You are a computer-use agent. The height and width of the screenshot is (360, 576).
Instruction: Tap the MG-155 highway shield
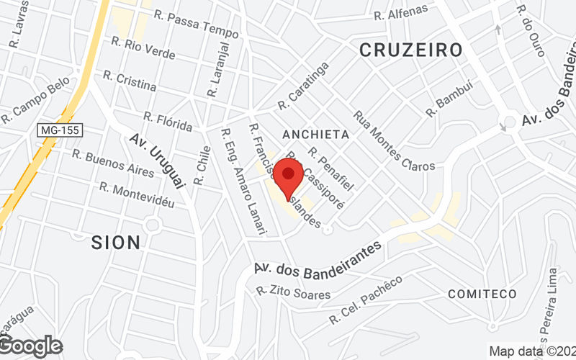(61, 130)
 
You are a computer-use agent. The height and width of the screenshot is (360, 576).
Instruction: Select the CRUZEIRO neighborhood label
(410, 50)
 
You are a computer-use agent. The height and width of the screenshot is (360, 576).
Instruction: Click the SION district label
(116, 243)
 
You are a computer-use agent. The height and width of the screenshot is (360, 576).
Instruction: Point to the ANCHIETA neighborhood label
(316, 135)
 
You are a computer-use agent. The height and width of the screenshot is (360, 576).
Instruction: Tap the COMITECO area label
(482, 294)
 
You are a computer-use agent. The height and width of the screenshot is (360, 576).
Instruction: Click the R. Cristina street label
(130, 80)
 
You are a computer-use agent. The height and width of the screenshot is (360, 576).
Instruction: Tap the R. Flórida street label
(168, 122)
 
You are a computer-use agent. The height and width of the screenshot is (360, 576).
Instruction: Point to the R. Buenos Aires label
(112, 163)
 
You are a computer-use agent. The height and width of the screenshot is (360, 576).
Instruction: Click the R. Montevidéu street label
(137, 195)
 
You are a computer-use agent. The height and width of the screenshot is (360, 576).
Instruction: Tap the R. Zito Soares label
(293, 293)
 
